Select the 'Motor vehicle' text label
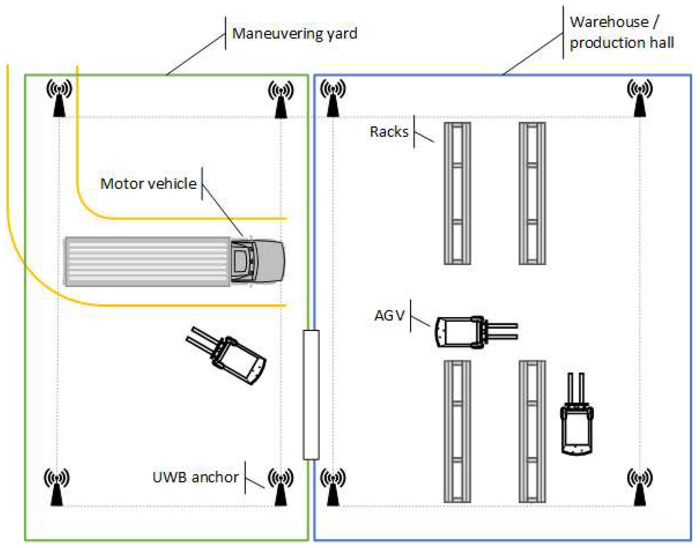pos(148,184)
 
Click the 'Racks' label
pos(389,132)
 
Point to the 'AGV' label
pos(389,316)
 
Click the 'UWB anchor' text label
pos(195,477)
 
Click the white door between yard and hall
pos(311,395)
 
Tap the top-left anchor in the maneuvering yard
pos(59,98)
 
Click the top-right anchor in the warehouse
pos(640,98)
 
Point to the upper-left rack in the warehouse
pos(457,193)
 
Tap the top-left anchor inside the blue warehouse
pos(333,98)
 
